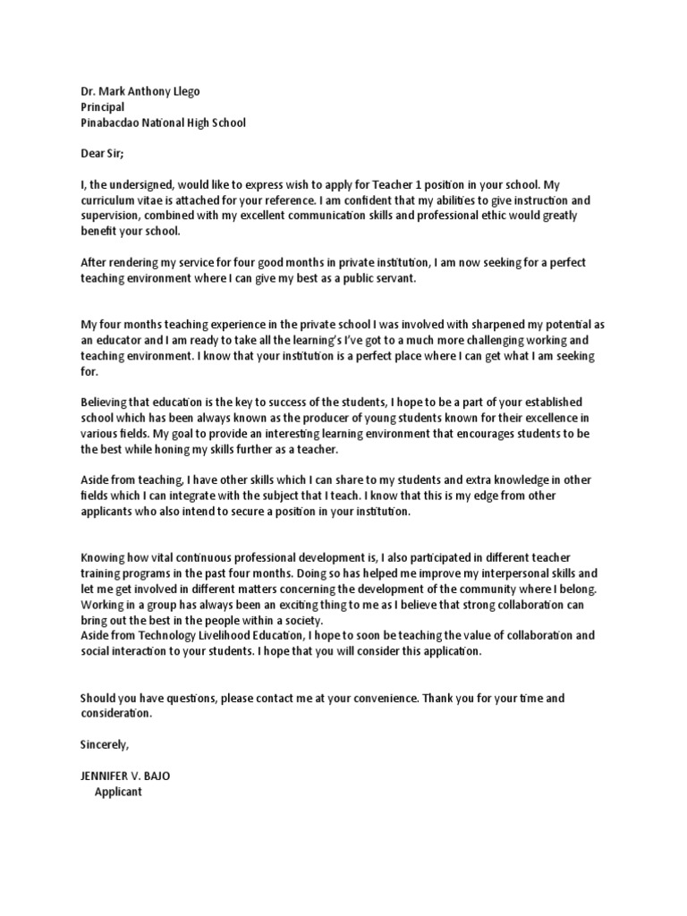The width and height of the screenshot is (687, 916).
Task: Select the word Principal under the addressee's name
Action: point(102,107)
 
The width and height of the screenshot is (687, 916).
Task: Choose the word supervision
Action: point(113,216)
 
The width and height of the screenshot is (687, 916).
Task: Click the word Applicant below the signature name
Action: point(118,792)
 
